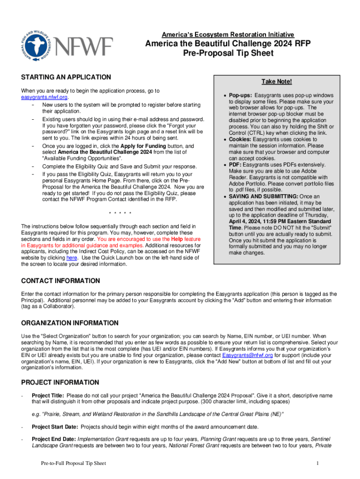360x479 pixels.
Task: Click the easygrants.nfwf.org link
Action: pyautogui.click(x=44, y=97)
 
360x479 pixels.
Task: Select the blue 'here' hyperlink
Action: pyautogui.click(x=72, y=257)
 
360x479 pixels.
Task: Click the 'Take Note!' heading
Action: pyautogui.click(x=277, y=82)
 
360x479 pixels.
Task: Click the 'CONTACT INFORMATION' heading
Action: pyautogui.click(x=61, y=281)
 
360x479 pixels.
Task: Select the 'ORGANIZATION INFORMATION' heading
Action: pyautogui.click(x=70, y=323)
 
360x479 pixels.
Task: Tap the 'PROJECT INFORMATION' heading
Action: pyautogui.click(x=60, y=382)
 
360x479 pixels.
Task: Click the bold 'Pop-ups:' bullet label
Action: pyautogui.click(x=240, y=95)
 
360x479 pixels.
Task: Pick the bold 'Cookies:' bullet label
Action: pyautogui.click(x=242, y=139)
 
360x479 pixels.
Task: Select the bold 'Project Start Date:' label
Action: pyautogui.click(x=55, y=427)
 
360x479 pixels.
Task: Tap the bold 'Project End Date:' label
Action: pyautogui.click(x=53, y=439)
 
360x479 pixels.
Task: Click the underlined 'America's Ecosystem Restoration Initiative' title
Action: pyautogui.click(x=228, y=35)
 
